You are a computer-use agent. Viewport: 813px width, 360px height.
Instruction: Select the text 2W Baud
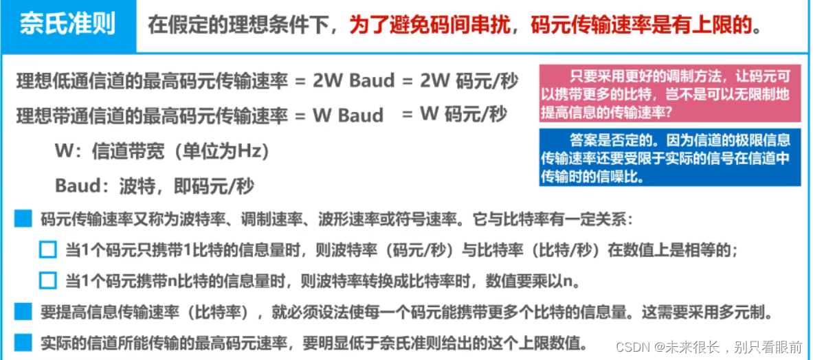(x=353, y=81)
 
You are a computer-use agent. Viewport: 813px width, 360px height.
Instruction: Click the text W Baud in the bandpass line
(x=348, y=115)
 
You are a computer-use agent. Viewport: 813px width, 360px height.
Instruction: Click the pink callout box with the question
(x=669, y=93)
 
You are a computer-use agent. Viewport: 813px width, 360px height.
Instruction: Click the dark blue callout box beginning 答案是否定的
(x=669, y=157)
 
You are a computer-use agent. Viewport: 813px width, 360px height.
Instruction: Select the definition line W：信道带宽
(x=162, y=151)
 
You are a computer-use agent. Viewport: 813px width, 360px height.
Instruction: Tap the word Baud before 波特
(x=78, y=186)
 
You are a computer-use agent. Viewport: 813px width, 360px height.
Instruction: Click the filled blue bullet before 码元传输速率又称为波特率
(x=23, y=220)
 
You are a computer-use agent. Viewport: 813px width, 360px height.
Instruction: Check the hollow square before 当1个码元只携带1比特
(x=47, y=250)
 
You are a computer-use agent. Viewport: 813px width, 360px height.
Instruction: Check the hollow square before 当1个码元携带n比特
(x=47, y=280)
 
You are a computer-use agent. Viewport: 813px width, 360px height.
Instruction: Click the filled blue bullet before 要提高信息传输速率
(x=23, y=311)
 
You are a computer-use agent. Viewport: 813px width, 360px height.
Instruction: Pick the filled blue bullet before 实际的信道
(x=23, y=341)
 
